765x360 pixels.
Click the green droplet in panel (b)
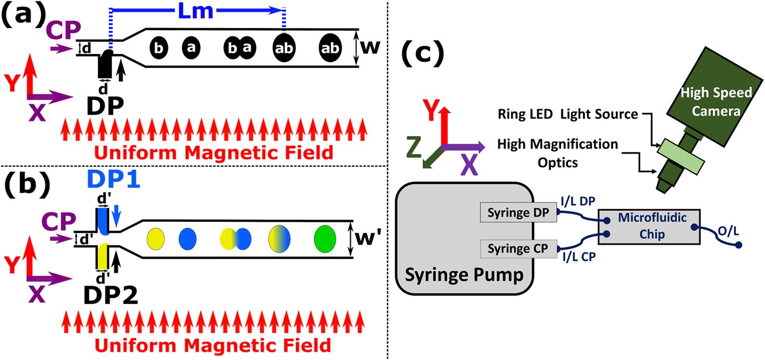[x=325, y=239]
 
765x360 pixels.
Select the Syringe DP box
[x=518, y=213]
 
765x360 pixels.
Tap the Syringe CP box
[x=518, y=249]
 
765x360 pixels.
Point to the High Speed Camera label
[x=716, y=102]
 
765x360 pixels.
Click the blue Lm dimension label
[x=196, y=11]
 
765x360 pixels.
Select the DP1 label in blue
[x=114, y=180]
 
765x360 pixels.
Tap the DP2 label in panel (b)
[x=111, y=295]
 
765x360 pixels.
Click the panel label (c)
[x=423, y=52]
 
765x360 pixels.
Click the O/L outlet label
[x=728, y=231]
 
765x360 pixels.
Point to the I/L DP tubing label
[x=578, y=201]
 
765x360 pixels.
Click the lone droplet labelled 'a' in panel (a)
[x=191, y=48]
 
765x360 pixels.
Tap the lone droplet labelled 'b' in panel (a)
[x=158, y=48]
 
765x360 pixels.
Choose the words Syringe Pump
[x=464, y=275]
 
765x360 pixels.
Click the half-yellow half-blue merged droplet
[x=279, y=239]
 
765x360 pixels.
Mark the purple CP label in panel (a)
[x=64, y=30]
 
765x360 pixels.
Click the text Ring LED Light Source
[x=567, y=115]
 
